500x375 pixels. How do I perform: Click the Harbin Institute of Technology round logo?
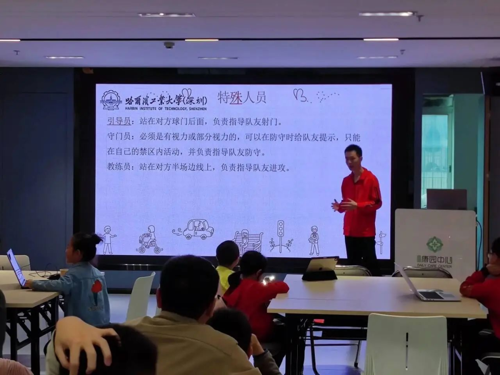[111, 100]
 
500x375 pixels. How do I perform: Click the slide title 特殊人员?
[242, 97]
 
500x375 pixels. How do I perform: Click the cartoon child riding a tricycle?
[150, 240]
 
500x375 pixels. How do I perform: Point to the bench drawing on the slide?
[248, 241]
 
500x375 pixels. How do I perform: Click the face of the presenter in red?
[353, 157]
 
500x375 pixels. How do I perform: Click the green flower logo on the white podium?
[434, 244]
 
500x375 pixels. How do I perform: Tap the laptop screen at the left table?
[16, 267]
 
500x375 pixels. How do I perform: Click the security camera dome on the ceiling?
[169, 45]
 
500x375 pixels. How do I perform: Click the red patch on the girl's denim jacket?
[96, 287]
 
